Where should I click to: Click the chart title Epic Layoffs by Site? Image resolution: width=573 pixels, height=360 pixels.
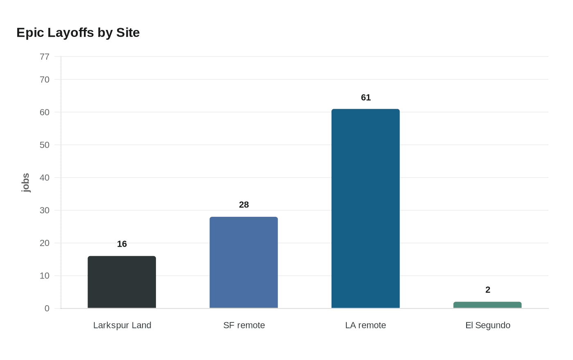pyautogui.click(x=78, y=32)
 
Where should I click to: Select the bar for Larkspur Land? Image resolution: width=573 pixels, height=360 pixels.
pyautogui.click(x=122, y=282)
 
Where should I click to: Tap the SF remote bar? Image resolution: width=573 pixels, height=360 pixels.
pyautogui.click(x=244, y=262)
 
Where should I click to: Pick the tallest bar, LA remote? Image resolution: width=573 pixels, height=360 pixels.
pyautogui.click(x=365, y=208)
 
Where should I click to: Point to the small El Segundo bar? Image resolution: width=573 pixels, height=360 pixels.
pyautogui.click(x=487, y=305)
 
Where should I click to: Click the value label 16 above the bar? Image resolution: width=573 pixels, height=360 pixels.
pyautogui.click(x=122, y=244)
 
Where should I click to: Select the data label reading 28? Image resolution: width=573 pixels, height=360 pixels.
pyautogui.click(x=244, y=205)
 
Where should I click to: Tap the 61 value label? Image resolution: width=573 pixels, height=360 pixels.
pyautogui.click(x=365, y=97)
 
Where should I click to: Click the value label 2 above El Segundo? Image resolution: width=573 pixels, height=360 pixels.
pyautogui.click(x=487, y=290)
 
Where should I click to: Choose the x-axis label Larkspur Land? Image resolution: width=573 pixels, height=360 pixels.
pyautogui.click(x=122, y=325)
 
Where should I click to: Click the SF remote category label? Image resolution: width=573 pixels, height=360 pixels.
pyautogui.click(x=244, y=325)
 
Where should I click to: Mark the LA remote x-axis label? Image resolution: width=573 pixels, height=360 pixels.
pyautogui.click(x=365, y=325)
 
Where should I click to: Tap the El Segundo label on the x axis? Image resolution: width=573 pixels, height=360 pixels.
pyautogui.click(x=487, y=325)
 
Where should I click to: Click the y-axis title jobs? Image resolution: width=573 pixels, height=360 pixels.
pyautogui.click(x=25, y=182)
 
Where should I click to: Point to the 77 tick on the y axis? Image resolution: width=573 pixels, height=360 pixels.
pyautogui.click(x=45, y=56)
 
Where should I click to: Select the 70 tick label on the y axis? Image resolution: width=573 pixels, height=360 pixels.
pyautogui.click(x=45, y=79)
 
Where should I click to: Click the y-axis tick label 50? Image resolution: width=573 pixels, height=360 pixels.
pyautogui.click(x=45, y=145)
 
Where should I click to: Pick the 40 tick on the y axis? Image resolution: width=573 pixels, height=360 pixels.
pyautogui.click(x=45, y=178)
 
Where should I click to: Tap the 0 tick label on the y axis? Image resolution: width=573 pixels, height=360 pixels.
pyautogui.click(x=47, y=308)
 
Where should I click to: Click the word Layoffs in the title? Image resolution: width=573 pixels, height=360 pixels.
pyautogui.click(x=71, y=32)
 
